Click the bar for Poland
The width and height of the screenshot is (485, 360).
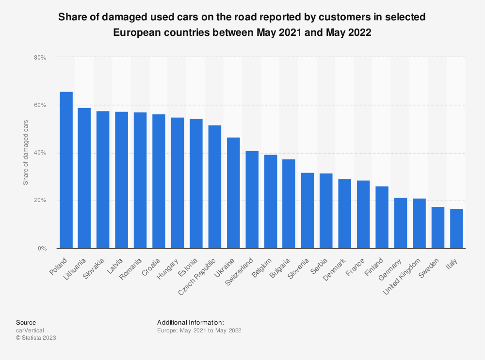pyautogui.click(x=66, y=170)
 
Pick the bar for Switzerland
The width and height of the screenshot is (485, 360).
pyautogui.click(x=252, y=200)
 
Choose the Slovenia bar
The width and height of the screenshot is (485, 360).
pyautogui.click(x=307, y=210)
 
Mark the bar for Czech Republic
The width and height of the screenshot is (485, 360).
pyautogui.click(x=215, y=187)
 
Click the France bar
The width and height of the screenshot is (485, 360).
pyautogui.click(x=363, y=214)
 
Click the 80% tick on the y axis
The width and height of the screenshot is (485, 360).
pyautogui.click(x=40, y=58)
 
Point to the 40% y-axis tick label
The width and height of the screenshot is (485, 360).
pyautogui.click(x=40, y=153)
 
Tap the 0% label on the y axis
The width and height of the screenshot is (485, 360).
pyautogui.click(x=42, y=249)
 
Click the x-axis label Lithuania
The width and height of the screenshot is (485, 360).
pyautogui.click(x=75, y=269)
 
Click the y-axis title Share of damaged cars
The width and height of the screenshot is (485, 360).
pyautogui.click(x=26, y=153)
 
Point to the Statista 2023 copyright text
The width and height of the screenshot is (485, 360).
pyautogui.click(x=36, y=338)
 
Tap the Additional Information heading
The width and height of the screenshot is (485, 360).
pyautogui.click(x=191, y=322)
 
